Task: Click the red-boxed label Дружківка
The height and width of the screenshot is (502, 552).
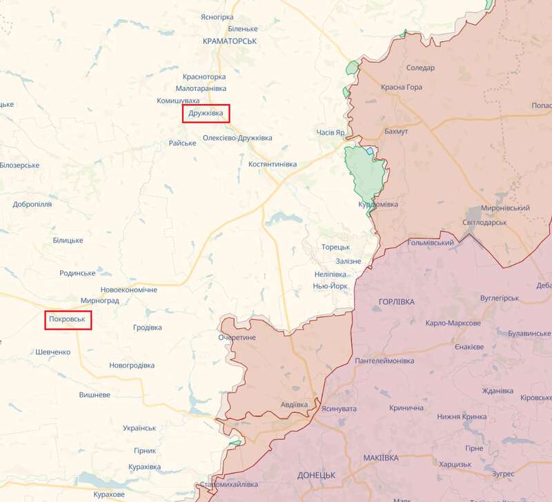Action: pos(206,113)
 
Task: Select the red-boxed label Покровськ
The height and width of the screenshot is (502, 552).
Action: pos(68,320)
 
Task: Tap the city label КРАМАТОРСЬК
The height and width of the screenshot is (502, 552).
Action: pos(230,41)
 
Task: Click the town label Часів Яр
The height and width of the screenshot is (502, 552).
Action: pos(330,132)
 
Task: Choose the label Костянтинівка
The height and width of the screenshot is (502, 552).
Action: pos(273,164)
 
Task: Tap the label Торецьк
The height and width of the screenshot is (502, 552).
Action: pos(335,247)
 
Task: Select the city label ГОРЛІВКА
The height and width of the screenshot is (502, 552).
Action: pos(397,302)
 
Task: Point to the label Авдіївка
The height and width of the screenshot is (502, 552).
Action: pos(295,404)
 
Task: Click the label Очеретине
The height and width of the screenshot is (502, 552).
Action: pos(237,337)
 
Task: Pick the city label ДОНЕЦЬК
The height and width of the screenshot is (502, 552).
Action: pos(316,476)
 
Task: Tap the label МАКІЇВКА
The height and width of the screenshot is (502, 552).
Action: pos(380,458)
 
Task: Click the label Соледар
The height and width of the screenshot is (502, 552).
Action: pos(420,68)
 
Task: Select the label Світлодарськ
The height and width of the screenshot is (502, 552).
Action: pos(484,222)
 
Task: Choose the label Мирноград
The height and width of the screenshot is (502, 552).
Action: pos(100,301)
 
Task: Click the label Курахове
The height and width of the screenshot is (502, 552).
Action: pos(108,494)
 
